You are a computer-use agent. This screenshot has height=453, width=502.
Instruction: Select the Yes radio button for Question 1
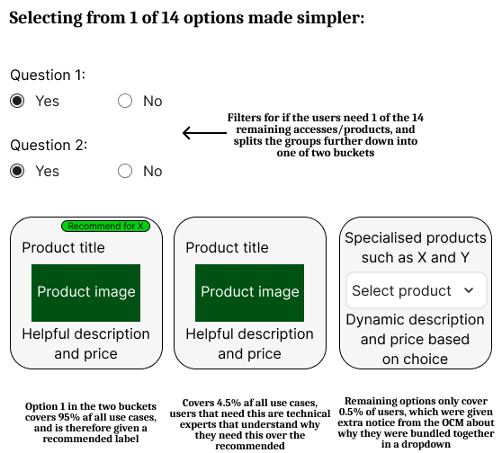point(17,101)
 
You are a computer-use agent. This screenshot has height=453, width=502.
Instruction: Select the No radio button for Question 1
point(125,101)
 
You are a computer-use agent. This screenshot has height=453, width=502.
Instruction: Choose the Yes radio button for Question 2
point(17,171)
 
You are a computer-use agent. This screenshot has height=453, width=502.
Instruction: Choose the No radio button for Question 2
point(125,171)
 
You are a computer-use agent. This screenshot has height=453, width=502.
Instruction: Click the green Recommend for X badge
point(105,226)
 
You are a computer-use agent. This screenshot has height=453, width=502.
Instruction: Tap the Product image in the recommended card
point(85,293)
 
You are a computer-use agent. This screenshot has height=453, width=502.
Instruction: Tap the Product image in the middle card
point(250,293)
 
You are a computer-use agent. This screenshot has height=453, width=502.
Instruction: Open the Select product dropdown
point(417,290)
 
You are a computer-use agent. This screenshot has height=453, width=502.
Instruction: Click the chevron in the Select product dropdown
point(469,290)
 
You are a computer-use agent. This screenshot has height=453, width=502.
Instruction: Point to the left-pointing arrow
point(204,133)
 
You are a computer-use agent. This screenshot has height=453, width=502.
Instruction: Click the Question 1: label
point(48,75)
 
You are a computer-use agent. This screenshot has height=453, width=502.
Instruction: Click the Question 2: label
point(49,146)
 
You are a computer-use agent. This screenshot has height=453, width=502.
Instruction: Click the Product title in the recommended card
point(63,247)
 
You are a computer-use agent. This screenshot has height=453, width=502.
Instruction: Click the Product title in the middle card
point(227,247)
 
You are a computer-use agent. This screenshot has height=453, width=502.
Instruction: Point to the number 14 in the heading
point(170,18)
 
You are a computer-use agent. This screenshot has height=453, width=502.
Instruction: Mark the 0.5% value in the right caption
point(351,412)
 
